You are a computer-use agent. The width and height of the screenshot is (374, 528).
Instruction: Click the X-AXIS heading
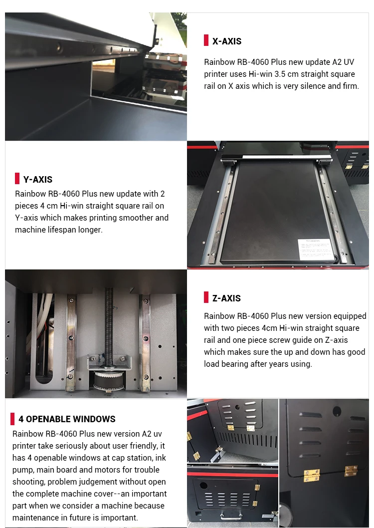click(x=227, y=41)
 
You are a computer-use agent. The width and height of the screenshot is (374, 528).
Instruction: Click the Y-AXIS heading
click(x=38, y=180)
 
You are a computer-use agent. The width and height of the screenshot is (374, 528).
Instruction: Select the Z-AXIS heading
click(x=226, y=298)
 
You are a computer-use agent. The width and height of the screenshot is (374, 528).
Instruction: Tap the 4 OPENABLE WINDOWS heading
click(x=67, y=419)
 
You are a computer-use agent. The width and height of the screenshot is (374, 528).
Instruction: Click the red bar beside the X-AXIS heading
click(x=206, y=40)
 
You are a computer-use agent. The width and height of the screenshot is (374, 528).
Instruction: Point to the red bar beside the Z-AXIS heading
click(x=206, y=297)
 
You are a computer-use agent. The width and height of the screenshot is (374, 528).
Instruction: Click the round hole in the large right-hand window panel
click(x=336, y=411)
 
